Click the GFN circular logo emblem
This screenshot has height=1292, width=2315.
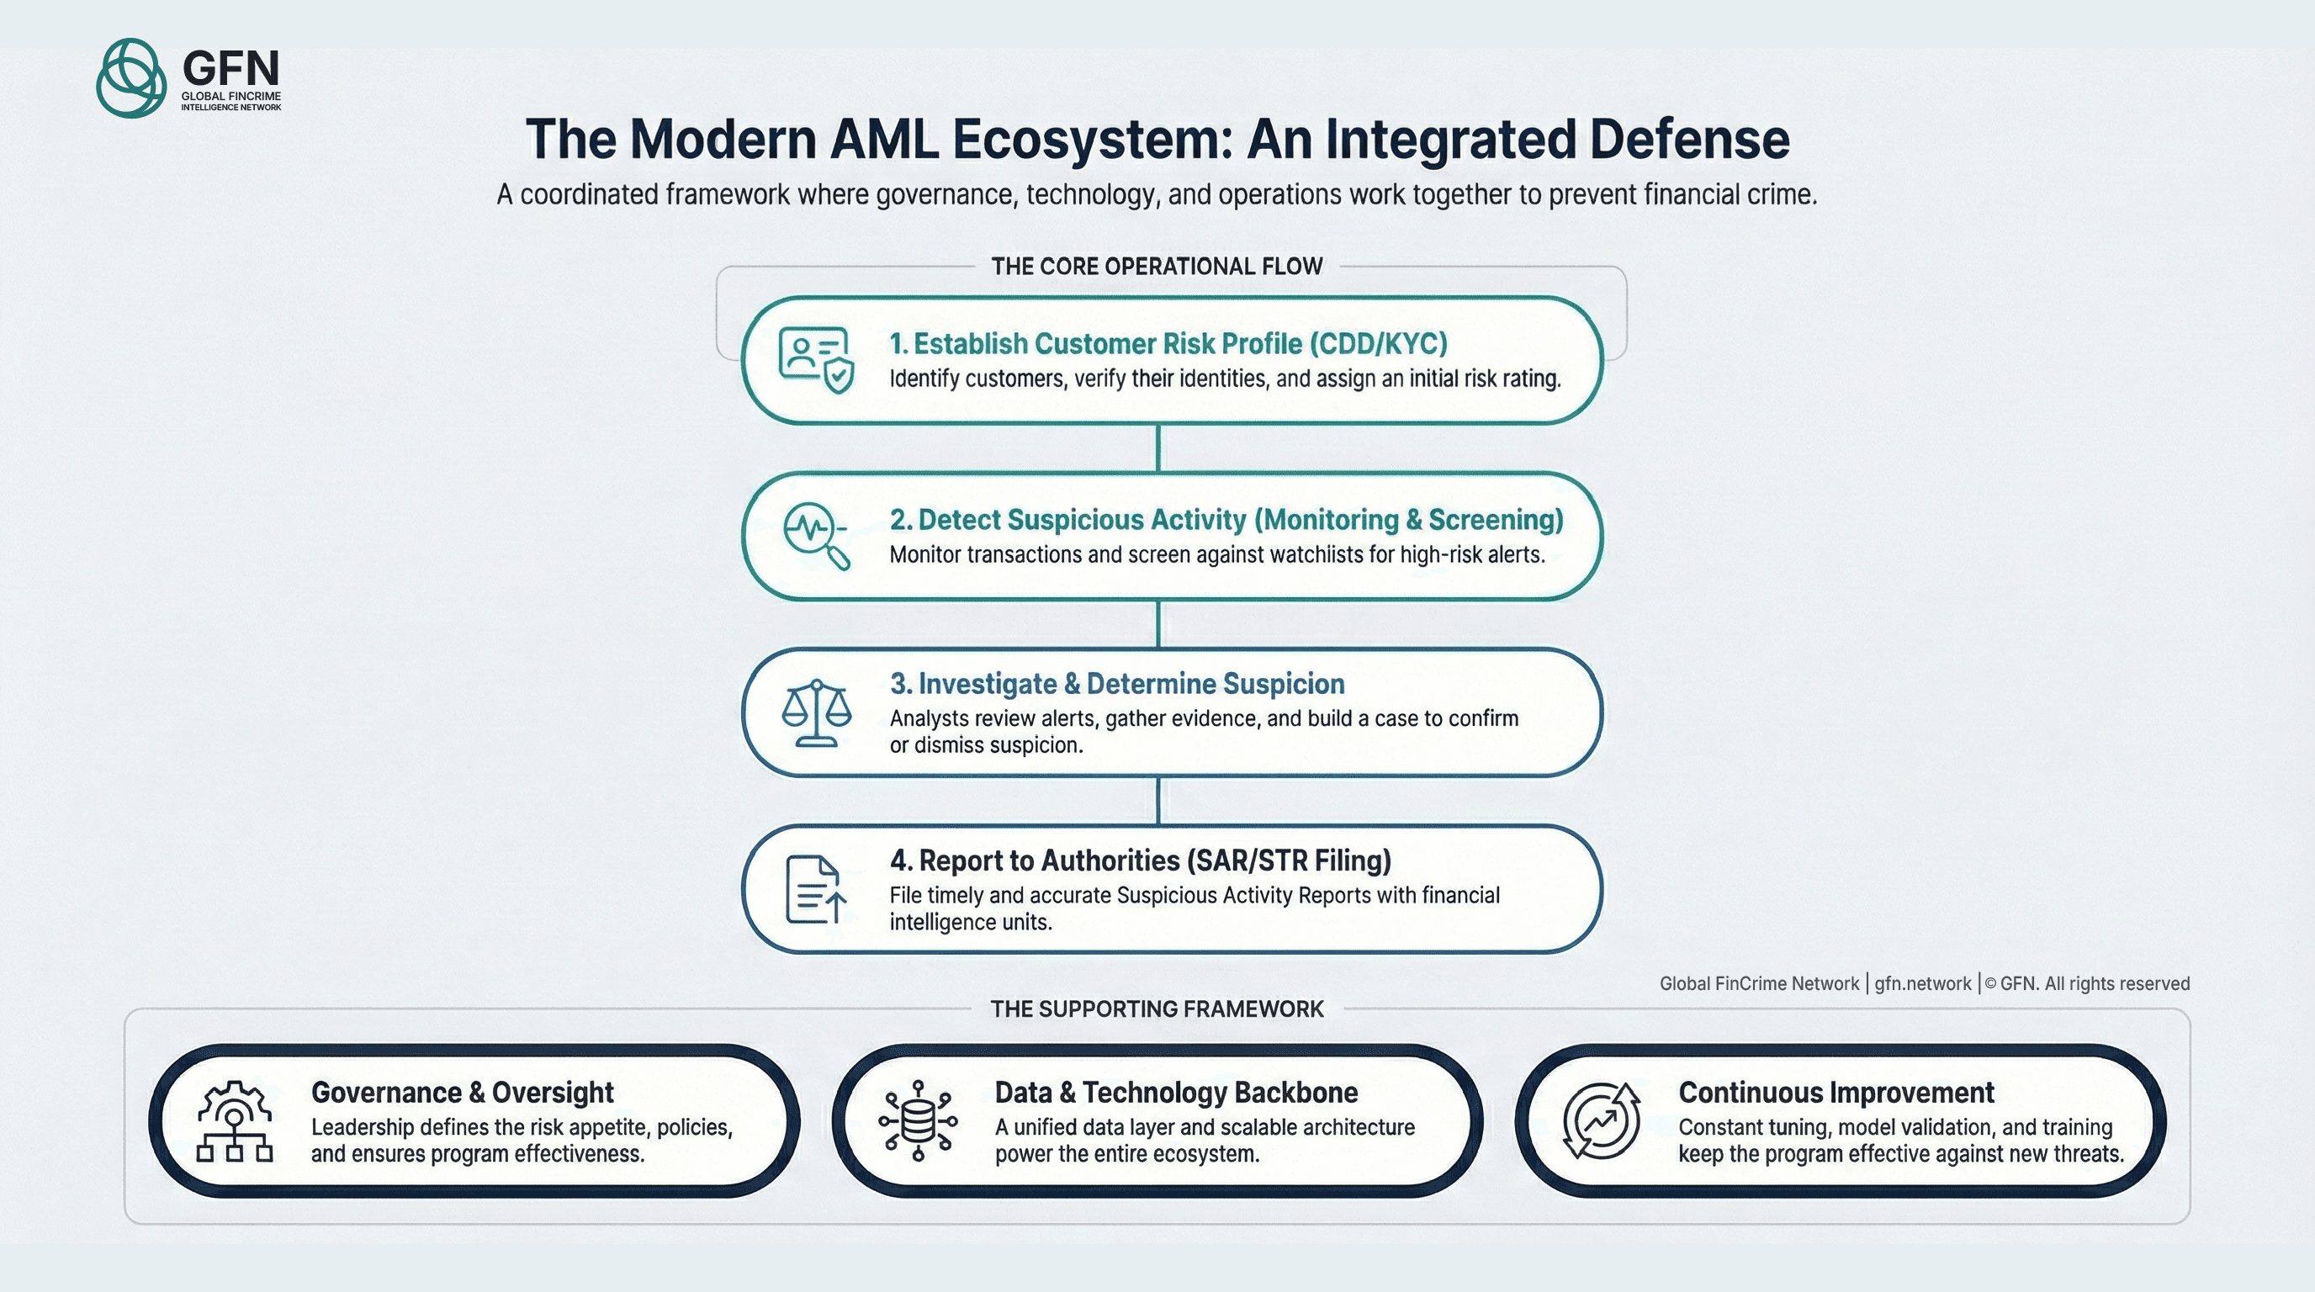click(x=131, y=78)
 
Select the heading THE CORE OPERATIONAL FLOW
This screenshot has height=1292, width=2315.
click(x=1157, y=267)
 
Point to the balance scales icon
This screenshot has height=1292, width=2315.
click(x=816, y=712)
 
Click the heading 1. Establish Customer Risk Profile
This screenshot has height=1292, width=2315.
click(x=1168, y=344)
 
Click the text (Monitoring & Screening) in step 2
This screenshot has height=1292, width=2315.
click(x=1408, y=520)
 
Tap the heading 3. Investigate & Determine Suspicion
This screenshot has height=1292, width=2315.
click(x=1117, y=684)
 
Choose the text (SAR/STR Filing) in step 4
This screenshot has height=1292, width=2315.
click(x=1289, y=860)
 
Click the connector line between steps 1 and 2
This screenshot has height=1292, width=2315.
click(x=1157, y=447)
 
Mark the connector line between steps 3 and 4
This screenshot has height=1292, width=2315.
click(x=1157, y=801)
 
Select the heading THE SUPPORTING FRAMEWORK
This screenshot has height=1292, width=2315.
click(x=1157, y=1009)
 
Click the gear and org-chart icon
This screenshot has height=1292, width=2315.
click(x=235, y=1121)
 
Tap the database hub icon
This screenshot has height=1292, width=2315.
click(x=918, y=1121)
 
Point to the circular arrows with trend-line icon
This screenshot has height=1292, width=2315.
click(x=1601, y=1121)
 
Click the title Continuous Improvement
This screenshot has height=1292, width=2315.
click(x=1836, y=1093)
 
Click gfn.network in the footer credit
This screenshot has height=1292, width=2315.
click(x=1922, y=984)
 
